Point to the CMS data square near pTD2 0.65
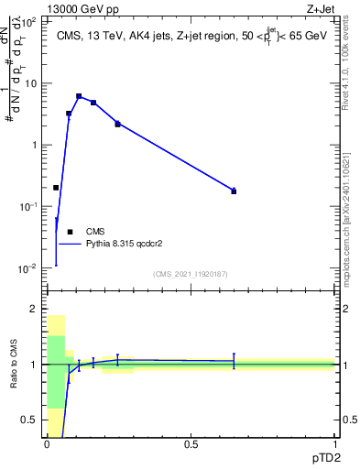coord(234,191)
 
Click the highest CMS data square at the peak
coord(79,95)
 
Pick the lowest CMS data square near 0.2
coord(56,187)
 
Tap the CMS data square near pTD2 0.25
coord(117,124)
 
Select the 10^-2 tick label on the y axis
coord(27,268)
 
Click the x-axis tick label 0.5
coord(191,444)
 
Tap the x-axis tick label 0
coord(47,444)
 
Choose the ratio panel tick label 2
coord(35,310)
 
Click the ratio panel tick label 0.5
coord(30,420)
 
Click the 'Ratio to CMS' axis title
coord(13,364)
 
